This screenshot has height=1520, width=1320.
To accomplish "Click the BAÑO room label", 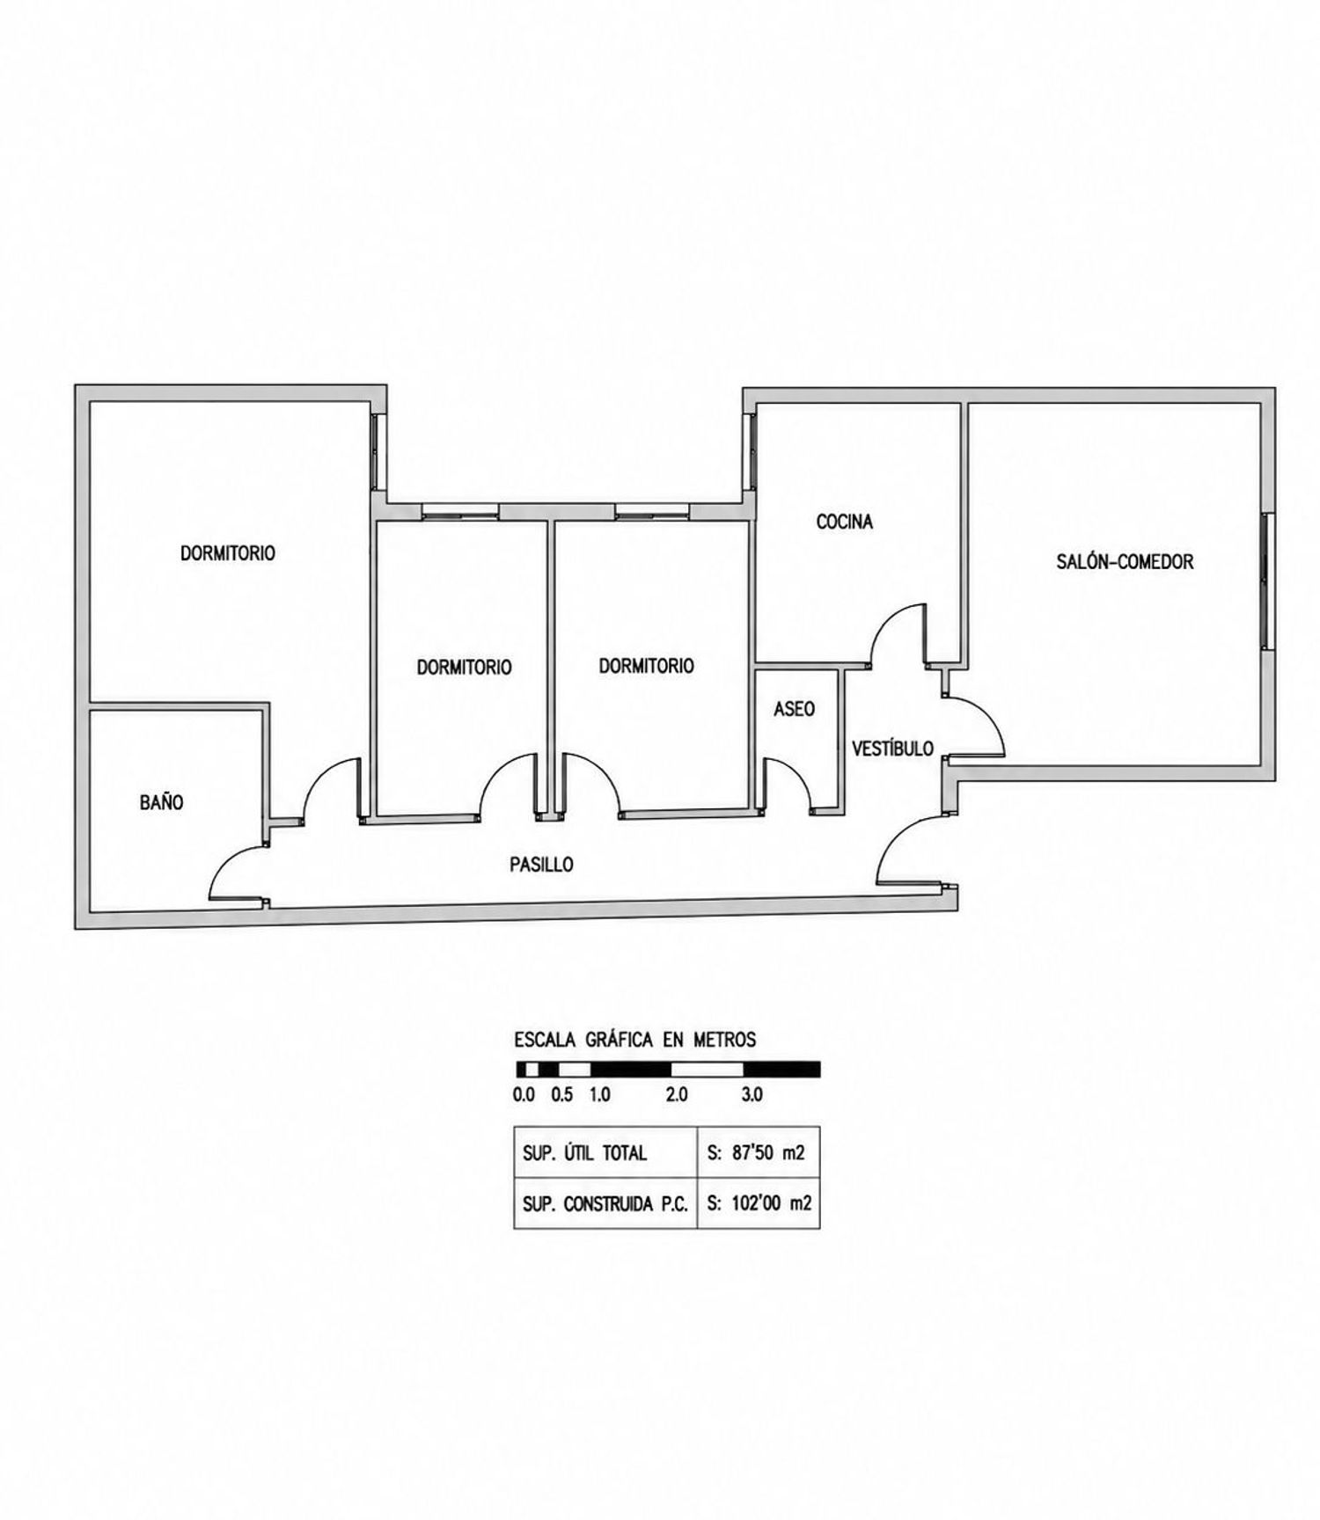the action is [x=162, y=802].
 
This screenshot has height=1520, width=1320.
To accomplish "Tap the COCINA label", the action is [x=845, y=522].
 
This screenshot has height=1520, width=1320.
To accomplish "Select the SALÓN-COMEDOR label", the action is [x=1125, y=561].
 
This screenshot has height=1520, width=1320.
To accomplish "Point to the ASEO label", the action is [x=794, y=709].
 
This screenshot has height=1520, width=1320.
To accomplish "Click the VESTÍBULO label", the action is [x=892, y=749].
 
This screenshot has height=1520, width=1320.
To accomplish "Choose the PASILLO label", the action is [x=541, y=865].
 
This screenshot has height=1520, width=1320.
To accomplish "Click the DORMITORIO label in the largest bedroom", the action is [x=228, y=553].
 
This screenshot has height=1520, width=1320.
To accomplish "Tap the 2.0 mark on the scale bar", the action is [x=676, y=1095].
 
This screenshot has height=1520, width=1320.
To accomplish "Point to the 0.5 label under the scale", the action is [x=561, y=1095].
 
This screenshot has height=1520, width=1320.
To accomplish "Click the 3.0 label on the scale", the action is [x=752, y=1095].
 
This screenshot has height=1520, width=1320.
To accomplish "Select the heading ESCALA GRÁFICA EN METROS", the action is [x=635, y=1040].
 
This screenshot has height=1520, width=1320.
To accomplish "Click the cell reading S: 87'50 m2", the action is [x=756, y=1152].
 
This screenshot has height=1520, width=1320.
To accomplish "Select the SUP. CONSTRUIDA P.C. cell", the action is [x=605, y=1203].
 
